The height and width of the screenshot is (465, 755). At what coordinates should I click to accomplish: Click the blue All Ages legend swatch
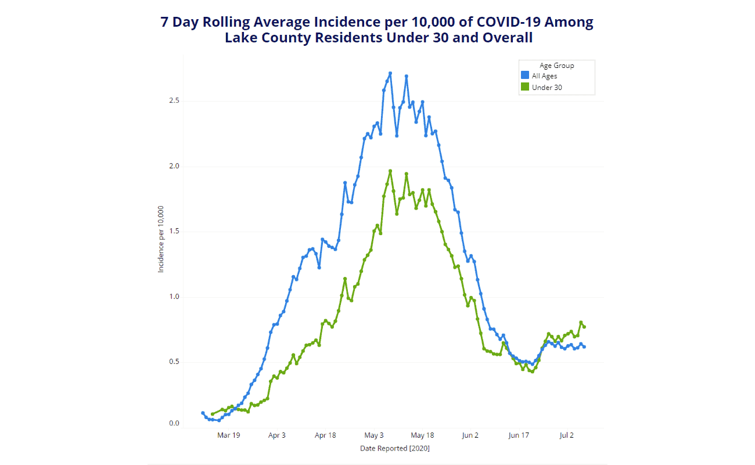pos(525,76)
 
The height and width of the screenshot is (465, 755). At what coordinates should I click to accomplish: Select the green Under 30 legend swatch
pos(525,88)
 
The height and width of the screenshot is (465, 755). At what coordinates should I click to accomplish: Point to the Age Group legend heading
pos(556,66)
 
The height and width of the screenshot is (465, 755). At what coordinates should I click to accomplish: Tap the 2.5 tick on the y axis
pos(174,101)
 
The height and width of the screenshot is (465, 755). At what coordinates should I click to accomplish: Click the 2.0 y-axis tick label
pos(174,167)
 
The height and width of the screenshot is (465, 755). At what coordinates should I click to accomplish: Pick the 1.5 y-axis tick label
pos(174,232)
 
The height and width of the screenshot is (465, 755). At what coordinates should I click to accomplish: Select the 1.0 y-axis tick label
pos(174,297)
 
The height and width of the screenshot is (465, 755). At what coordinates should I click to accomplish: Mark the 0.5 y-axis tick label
pos(174,362)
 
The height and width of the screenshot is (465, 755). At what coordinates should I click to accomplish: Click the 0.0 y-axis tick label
pos(174,424)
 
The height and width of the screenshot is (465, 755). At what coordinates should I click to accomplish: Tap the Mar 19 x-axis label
pos(229,435)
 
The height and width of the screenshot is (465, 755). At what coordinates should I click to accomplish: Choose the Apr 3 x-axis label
pos(277,435)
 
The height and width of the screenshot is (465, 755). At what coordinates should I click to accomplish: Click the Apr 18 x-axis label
pos(325,435)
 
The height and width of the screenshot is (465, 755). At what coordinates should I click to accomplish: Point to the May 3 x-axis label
pos(374,435)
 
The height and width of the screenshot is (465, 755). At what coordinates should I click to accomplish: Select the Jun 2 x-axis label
pos(470,435)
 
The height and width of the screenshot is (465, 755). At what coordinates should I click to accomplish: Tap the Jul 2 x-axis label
pos(567,435)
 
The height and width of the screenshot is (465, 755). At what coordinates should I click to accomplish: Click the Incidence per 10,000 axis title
pos(161,239)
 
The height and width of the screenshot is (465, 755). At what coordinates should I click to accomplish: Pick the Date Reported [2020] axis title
pos(394,449)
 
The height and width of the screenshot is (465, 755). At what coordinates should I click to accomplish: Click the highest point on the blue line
pos(390,73)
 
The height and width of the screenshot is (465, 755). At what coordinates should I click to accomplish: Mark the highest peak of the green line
pos(390,171)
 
